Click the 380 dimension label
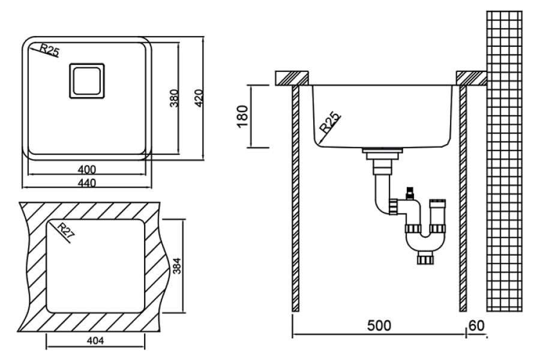(175, 98)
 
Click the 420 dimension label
(199, 98)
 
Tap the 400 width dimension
(87, 169)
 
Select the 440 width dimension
(87, 182)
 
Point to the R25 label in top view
(50, 50)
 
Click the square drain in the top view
(87, 81)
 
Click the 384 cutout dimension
(176, 266)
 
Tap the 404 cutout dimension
(95, 341)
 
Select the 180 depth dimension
(242, 116)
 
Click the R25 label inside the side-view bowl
(329, 122)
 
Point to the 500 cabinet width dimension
(379, 326)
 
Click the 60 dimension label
(476, 326)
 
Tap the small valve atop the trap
(409, 193)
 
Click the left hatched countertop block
(292, 78)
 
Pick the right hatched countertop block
(472, 78)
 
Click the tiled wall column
(504, 161)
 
